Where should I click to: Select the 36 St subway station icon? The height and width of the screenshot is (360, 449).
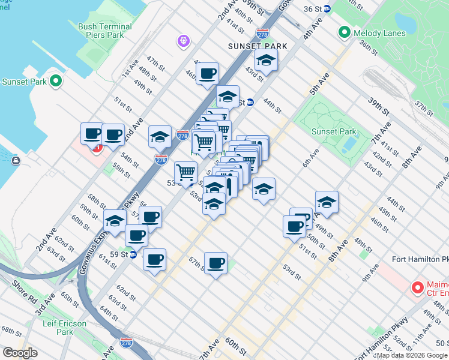[x=327, y=8]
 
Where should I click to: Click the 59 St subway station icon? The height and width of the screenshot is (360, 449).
[x=134, y=254]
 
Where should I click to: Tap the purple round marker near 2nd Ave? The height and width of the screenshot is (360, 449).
[x=183, y=41]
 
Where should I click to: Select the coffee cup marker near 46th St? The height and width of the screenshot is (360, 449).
[x=207, y=74]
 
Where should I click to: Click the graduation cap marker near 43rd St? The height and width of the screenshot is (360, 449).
[x=266, y=61]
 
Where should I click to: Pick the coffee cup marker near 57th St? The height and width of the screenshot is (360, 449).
[x=215, y=263]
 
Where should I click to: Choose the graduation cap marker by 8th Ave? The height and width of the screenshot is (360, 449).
[x=327, y=203]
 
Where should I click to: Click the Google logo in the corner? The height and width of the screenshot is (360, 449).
[x=20, y=353]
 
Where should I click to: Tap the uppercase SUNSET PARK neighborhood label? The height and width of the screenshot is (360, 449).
[x=257, y=46]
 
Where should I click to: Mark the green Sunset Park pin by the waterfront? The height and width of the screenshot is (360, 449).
[x=56, y=80]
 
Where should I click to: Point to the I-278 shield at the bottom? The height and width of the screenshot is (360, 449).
[x=126, y=343]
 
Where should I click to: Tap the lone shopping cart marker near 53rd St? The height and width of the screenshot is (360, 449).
[x=185, y=173]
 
